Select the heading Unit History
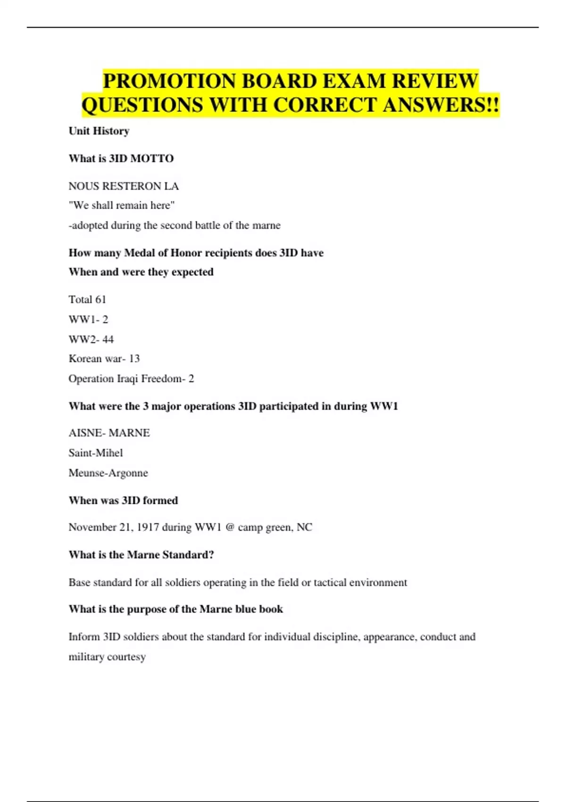coord(99,131)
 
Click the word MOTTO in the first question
coord(152,159)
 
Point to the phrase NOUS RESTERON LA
coord(124,186)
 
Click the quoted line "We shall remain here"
coord(122,206)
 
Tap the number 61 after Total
coord(100,300)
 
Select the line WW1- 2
coord(88,319)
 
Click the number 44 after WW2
coord(108,339)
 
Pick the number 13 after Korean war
coord(134,359)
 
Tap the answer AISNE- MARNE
coord(109,433)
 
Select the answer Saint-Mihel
coord(96,453)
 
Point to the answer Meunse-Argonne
coord(108,473)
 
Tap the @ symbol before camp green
coord(230,527)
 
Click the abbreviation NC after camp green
coord(304,527)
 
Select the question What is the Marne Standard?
coord(141,555)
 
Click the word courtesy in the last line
coord(126,657)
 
